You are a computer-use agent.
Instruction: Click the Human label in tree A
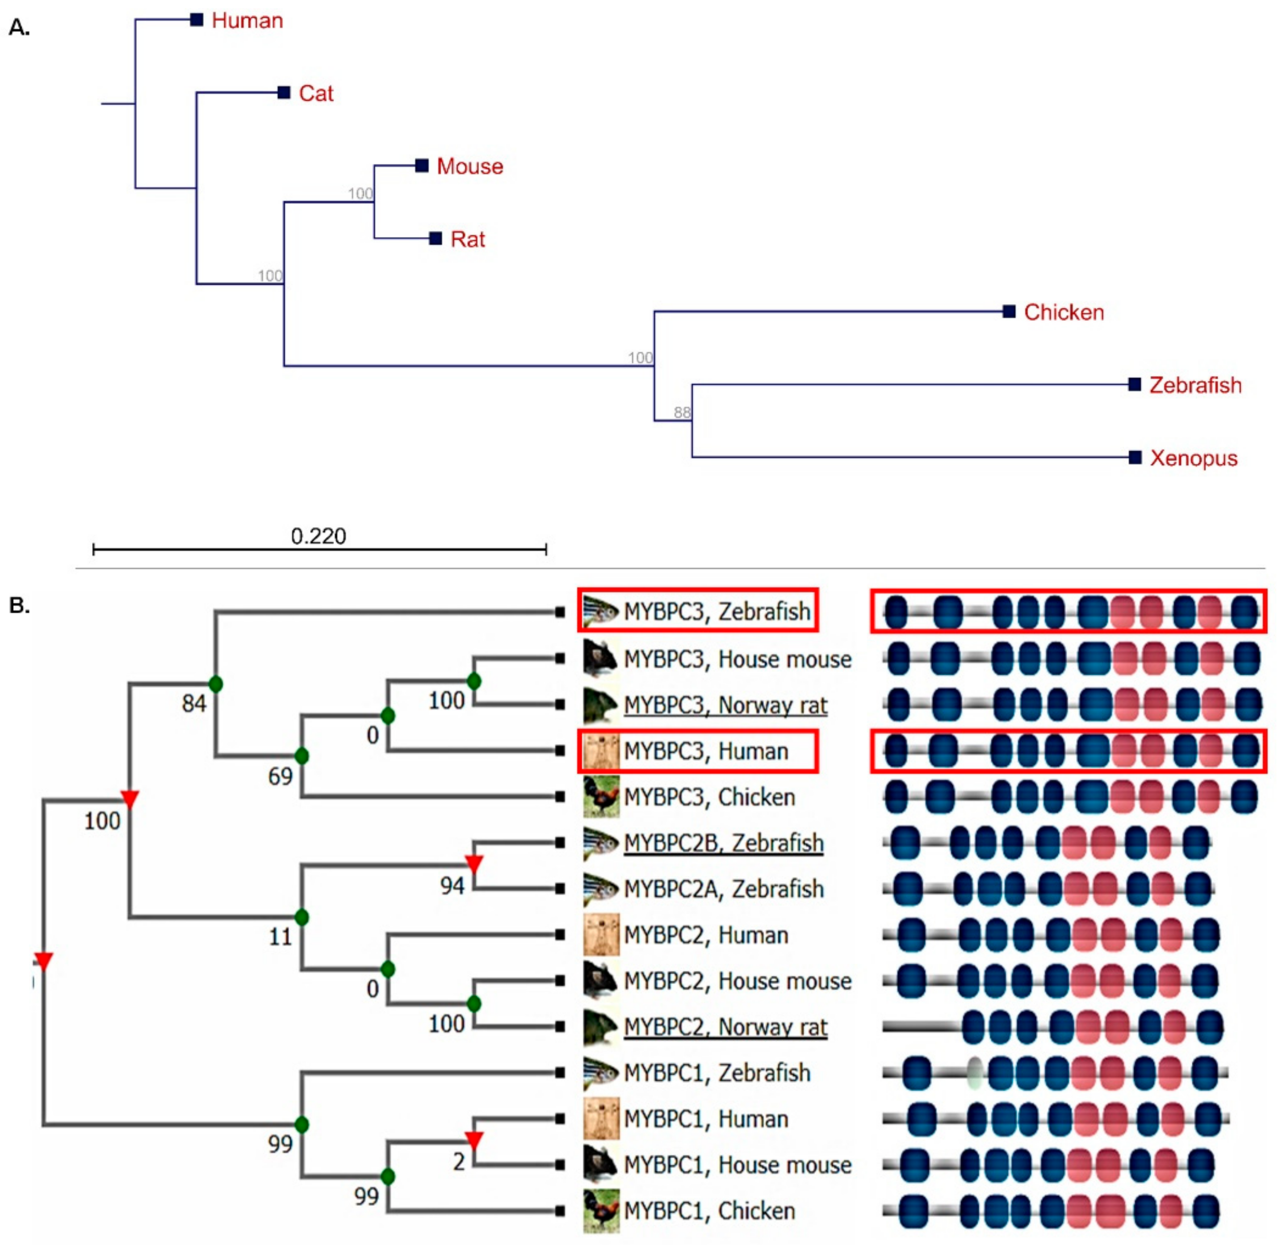[247, 21]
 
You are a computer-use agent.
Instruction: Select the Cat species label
[316, 93]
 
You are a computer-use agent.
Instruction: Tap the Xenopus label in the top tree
[1193, 458]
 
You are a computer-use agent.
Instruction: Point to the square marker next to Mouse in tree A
[422, 166]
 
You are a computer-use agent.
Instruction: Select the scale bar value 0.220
[318, 536]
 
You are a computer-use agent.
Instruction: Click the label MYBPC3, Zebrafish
[717, 612]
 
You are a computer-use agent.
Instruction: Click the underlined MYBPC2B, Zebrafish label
[723, 843]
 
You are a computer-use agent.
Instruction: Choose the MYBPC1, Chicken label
[709, 1211]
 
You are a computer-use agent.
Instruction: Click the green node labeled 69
[302, 757]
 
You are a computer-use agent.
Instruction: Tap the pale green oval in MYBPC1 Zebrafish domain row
[975, 1073]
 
